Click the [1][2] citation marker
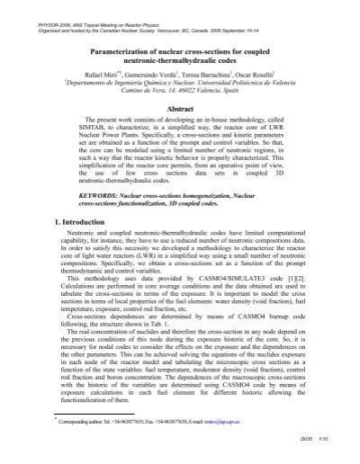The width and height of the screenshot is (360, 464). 266,278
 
